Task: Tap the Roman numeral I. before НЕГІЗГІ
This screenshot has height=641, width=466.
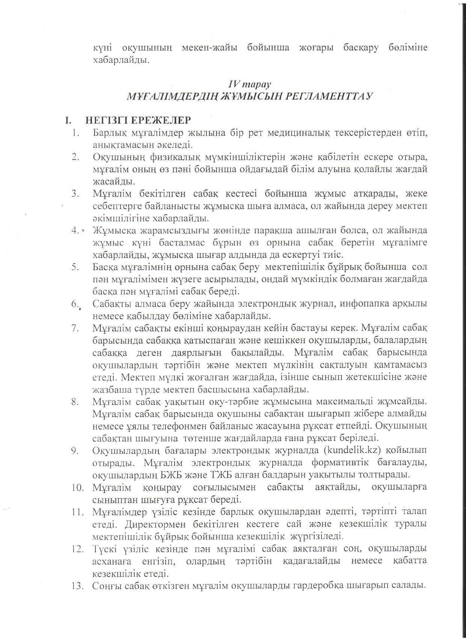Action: [68, 121]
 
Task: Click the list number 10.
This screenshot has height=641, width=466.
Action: [77, 487]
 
